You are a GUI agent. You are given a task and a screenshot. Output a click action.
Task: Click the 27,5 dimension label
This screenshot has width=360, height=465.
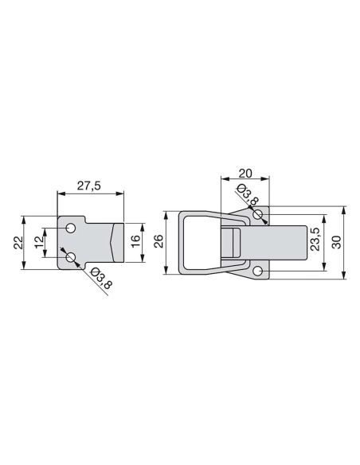click(89, 186)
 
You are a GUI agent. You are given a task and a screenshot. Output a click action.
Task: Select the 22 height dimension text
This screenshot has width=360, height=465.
click(18, 243)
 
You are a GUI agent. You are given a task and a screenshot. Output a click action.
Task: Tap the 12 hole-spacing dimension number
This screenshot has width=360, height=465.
click(39, 242)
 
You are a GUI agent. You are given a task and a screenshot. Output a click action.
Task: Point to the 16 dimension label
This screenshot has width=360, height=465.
click(135, 242)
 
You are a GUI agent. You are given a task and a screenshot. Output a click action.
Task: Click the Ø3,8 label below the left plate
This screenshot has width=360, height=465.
click(101, 278)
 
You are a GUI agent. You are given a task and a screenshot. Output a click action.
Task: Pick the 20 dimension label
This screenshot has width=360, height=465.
click(245, 173)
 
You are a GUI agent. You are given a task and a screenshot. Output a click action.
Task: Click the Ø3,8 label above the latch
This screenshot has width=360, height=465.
click(248, 195)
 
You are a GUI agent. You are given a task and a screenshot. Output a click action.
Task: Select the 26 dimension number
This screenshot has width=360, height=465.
click(159, 242)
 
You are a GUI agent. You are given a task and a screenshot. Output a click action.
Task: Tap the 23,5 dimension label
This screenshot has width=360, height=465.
click(315, 240)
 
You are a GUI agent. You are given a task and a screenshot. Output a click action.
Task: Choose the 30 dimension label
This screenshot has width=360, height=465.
click(337, 242)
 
